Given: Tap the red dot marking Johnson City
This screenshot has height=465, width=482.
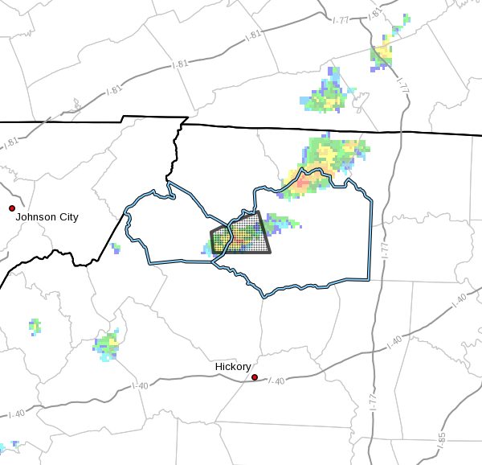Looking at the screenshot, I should click(12, 208).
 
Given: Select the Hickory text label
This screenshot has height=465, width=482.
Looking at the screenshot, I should click(233, 367).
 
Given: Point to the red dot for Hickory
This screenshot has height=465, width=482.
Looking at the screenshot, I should click(255, 377).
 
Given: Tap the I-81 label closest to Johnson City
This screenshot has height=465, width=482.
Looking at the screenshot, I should click(12, 142).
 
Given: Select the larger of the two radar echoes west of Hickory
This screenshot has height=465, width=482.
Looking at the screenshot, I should click(107, 344).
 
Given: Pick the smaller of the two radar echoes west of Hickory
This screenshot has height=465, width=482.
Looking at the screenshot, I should click(35, 327).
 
